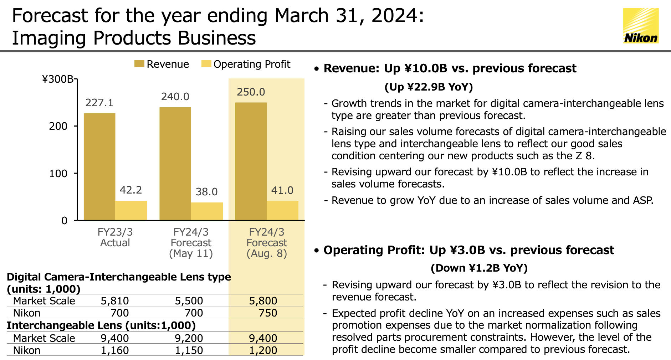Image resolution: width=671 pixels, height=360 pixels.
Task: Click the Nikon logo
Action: (x=641, y=26)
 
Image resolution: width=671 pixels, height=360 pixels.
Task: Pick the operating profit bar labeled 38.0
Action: (x=207, y=211)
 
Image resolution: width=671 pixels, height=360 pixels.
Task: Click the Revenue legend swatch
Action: (x=139, y=64)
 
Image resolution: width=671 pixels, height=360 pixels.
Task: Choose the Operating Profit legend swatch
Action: (x=206, y=64)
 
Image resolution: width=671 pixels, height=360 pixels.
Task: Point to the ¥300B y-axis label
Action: (x=58, y=79)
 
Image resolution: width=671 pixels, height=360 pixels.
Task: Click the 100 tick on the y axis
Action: (x=58, y=174)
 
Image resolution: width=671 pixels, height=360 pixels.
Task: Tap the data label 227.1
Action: (x=99, y=103)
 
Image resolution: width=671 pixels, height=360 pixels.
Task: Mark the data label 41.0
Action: (x=282, y=190)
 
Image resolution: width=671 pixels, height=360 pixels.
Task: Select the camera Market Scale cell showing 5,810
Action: (x=115, y=301)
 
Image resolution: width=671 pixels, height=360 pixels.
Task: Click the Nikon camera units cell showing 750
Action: (x=268, y=313)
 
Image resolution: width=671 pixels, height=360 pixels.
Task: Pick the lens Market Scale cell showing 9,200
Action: (x=189, y=338)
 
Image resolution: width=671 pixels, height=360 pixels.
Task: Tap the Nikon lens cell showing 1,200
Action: (x=263, y=350)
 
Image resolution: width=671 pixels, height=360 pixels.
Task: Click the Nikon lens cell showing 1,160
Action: (x=115, y=350)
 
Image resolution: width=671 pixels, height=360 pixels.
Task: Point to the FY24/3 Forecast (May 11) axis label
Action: (x=191, y=243)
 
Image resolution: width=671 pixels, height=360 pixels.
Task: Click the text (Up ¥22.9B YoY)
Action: (x=429, y=87)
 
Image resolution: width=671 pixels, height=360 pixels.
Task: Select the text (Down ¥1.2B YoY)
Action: (x=479, y=268)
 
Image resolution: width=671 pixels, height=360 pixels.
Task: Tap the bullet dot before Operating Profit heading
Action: (x=316, y=251)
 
